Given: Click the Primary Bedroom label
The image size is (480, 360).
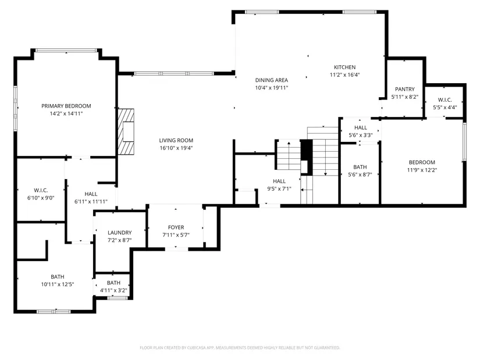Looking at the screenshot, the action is tap(66, 106).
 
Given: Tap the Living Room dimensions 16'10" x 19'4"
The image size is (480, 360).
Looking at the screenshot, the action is tap(176, 148).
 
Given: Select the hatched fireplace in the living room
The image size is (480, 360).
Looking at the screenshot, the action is tap(126, 131).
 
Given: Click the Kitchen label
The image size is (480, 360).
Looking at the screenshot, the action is tap(344, 67).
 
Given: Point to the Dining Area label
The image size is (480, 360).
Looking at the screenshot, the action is tap(272, 80).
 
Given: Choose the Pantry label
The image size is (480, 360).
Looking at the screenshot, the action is tap(405, 89).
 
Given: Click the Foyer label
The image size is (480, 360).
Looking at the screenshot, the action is tap(176, 227).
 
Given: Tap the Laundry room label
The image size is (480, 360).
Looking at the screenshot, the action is tap(119, 233).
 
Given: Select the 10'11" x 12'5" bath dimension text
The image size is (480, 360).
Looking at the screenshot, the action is tap(58, 284).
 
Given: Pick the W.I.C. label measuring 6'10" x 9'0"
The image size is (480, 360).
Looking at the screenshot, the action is tap(41, 190).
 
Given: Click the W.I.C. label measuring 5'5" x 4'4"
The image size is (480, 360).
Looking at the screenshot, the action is tap(445, 100).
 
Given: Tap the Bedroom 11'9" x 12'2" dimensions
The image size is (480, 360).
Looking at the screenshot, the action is tap(422, 170).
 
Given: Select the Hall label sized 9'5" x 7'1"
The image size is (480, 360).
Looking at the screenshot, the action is tap(279, 181).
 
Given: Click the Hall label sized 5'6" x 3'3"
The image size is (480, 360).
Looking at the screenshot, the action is tap(361, 127).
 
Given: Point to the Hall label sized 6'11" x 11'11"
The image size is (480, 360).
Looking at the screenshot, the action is tap(91, 194).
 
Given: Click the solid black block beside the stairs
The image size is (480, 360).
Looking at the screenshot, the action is tap(307, 153).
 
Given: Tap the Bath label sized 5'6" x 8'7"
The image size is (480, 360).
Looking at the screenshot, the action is tap(360, 167).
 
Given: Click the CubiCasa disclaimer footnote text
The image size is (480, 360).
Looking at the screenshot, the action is tap(240, 348).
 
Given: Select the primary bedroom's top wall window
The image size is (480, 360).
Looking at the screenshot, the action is tap(66, 50).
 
